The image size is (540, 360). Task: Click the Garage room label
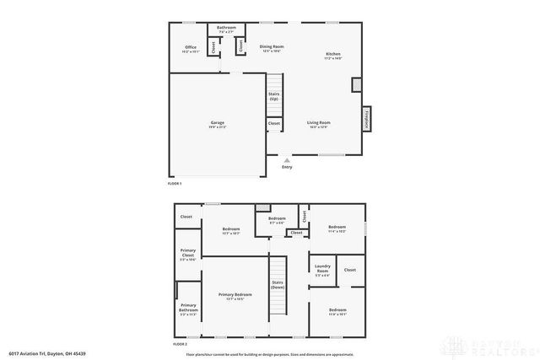pos(218,124)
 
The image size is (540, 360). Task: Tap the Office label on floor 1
pos(190,49)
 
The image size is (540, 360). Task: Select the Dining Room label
pos(271,47)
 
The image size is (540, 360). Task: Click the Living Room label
pos(318,124)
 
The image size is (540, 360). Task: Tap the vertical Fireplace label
pos(367,119)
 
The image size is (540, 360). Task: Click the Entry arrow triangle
pos(288,159)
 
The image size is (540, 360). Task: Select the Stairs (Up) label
pos(273,96)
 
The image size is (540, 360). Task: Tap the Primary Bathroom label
pos(188,309)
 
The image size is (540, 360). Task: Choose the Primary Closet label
pos(187,255)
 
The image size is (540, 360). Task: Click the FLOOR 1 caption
pos(175,183)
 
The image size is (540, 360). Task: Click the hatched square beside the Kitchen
pos(356,84)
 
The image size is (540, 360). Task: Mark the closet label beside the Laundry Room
pos(350,270)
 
